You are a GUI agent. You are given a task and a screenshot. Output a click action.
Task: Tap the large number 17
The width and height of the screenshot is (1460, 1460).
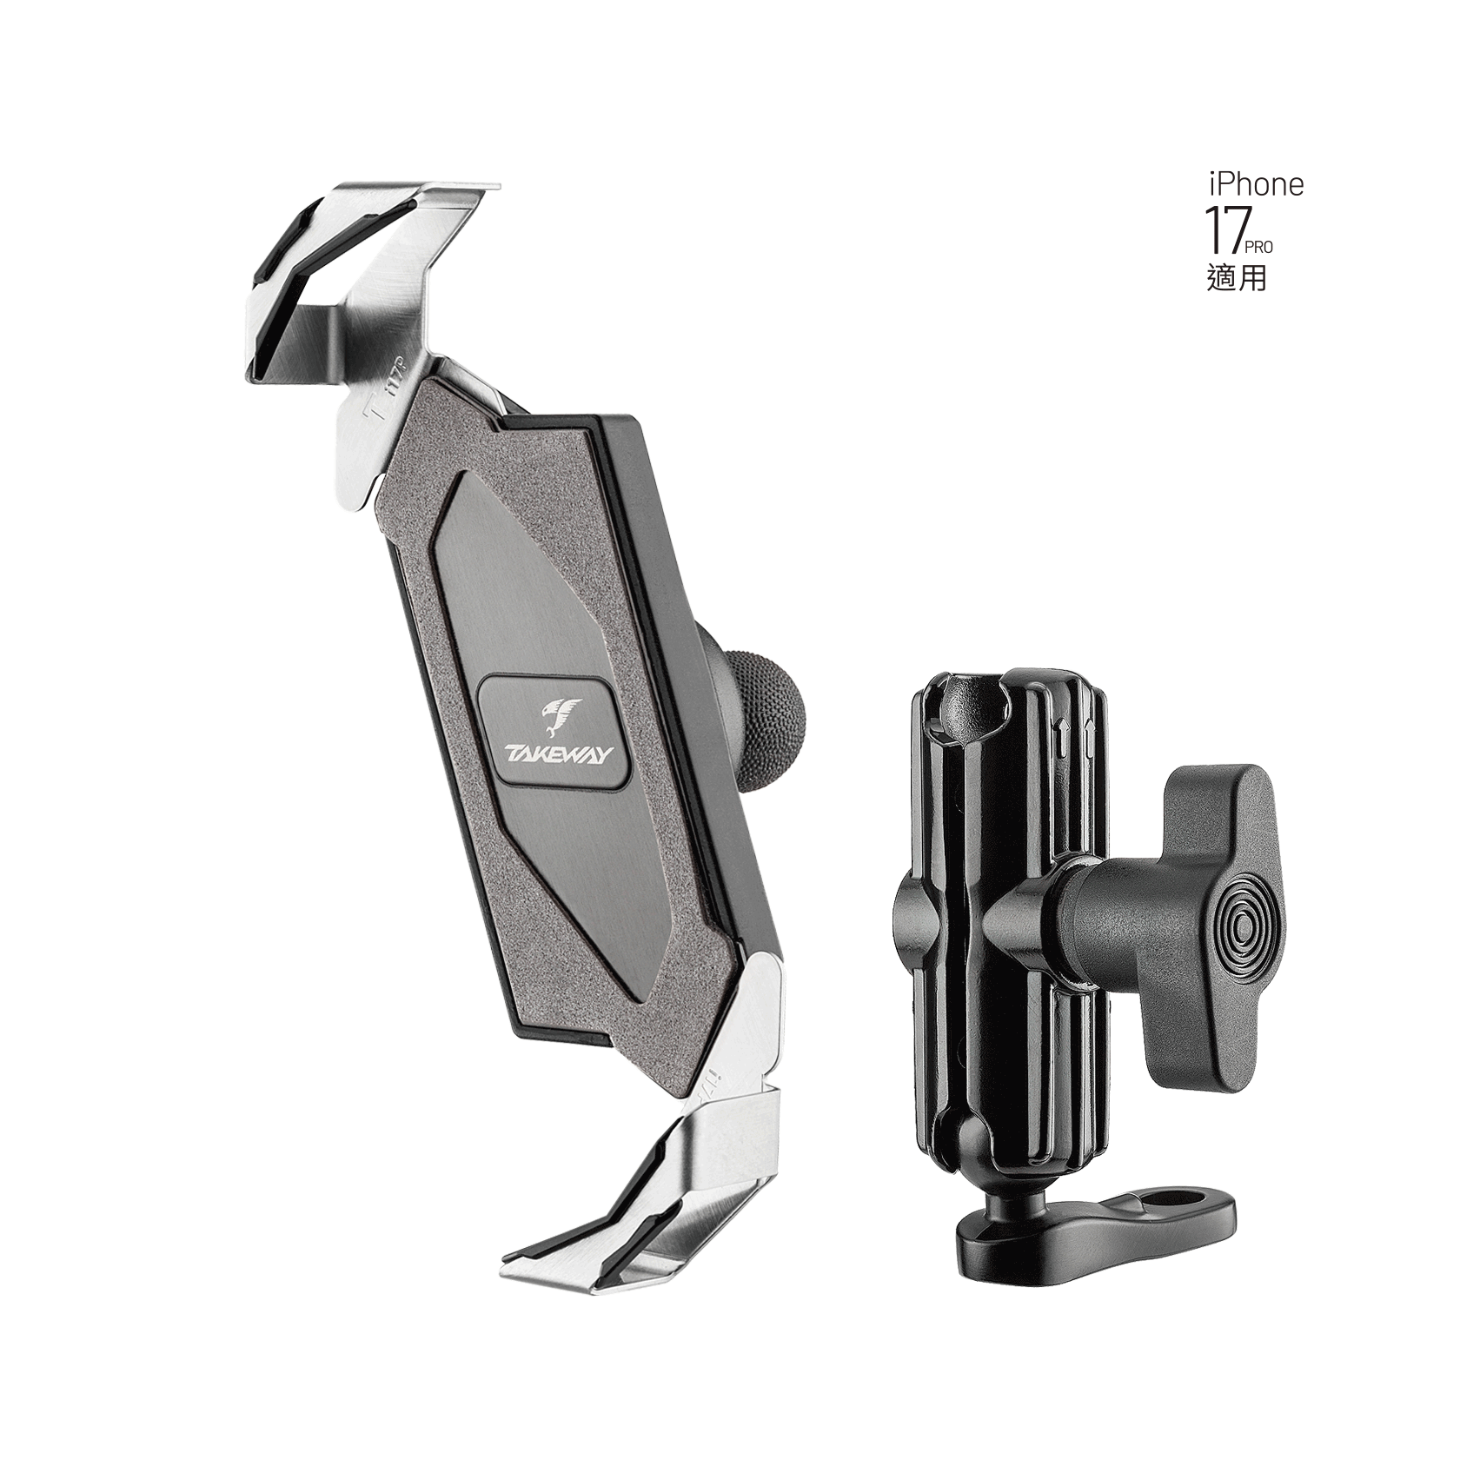[1225, 229]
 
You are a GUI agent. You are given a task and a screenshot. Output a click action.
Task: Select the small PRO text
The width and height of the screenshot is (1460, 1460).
[1259, 248]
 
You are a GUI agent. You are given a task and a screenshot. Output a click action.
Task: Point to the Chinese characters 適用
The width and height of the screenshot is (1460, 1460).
[1237, 277]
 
